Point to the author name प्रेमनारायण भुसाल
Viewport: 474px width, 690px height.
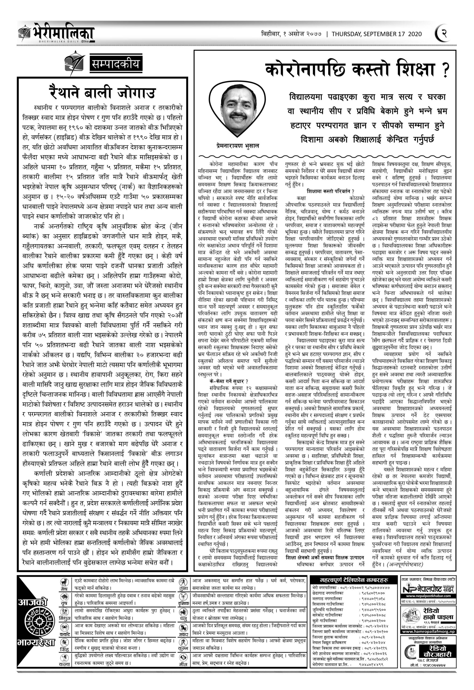coord(237,146)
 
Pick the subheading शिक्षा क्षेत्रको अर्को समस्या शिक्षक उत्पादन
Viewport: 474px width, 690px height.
coord(325,557)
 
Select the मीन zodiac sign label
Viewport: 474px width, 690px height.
coord(183,679)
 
